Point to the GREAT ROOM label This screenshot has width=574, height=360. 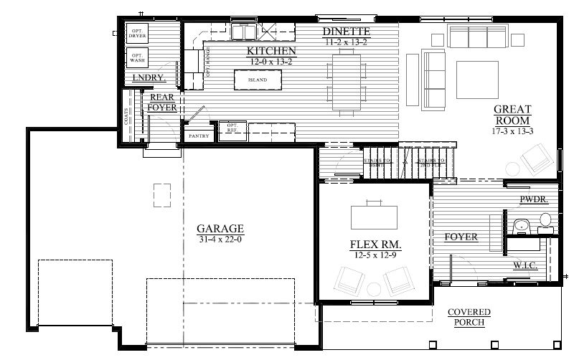point(512,115)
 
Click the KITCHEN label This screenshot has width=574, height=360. point(271,52)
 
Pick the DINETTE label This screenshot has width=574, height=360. point(347,32)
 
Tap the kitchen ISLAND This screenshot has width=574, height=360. point(257,80)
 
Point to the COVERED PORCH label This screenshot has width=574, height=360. point(469,317)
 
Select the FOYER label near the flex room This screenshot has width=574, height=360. point(461,237)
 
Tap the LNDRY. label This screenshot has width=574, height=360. point(149,77)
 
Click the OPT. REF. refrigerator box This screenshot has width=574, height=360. point(232,128)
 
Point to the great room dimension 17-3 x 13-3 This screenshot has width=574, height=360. point(512,132)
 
